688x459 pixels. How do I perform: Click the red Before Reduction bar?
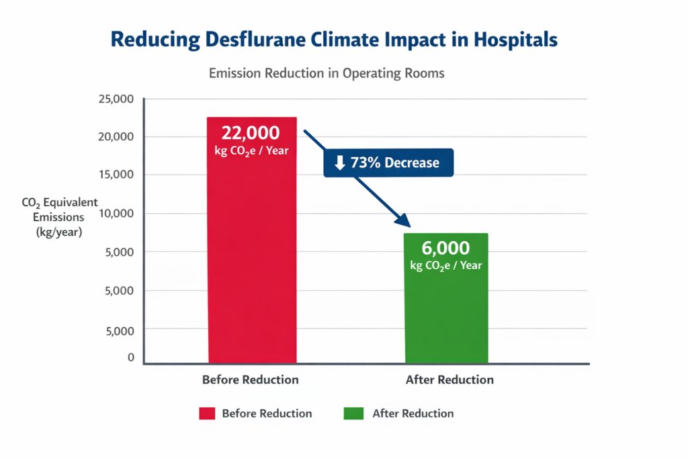pos(252,269)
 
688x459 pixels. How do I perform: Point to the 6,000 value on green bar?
pos(445,248)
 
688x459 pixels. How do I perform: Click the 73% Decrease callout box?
pos(388,163)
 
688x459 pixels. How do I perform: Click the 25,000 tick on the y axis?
pos(116,99)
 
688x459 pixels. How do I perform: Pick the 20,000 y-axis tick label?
pos(116,136)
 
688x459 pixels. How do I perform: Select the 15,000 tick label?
pos(116,175)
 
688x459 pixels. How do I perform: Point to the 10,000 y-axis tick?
pos(116,213)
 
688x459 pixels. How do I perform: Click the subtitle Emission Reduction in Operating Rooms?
pos(327,73)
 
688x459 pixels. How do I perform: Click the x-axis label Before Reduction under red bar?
pos(250,380)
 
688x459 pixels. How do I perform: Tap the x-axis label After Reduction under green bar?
pos(449,380)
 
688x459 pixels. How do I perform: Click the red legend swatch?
pos(207,413)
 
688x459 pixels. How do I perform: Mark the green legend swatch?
pos(353,413)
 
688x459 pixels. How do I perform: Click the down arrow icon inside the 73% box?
pos(340,163)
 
